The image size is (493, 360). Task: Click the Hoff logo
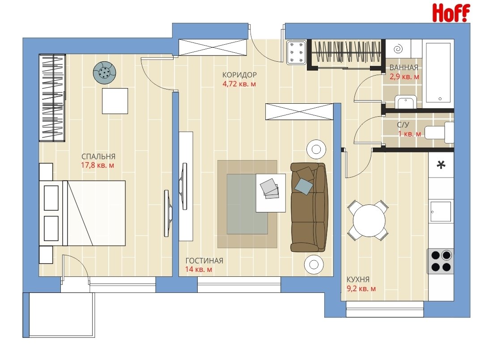coord(451,13)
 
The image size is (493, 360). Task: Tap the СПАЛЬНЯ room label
coord(98,156)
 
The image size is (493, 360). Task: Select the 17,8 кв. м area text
coord(98,165)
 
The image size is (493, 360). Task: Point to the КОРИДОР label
coord(239,75)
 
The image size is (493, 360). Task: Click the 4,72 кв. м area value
coord(239,84)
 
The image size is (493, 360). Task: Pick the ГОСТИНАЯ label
coord(204,261)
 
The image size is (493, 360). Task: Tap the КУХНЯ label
coord(358,280)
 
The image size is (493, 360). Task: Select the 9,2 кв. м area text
coord(361,288)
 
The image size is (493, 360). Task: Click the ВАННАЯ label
coord(404,68)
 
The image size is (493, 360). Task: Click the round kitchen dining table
coord(369,220)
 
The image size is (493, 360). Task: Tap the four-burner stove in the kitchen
coord(441,261)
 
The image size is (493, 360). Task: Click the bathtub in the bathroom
coord(440,72)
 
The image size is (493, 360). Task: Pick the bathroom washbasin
coord(406,102)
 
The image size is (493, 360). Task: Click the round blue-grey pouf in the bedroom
coord(104,72)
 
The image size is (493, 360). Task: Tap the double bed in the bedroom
coord(82,213)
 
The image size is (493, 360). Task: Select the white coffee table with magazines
coord(271,193)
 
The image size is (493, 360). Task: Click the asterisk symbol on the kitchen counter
coord(441,165)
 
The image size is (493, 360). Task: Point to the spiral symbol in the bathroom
coord(398,49)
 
